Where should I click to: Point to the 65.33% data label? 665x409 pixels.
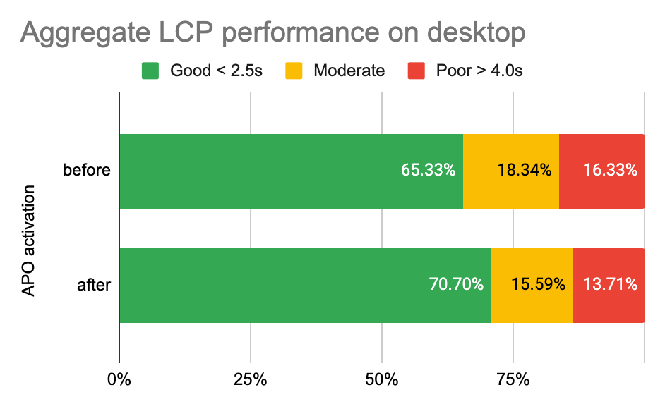[428, 171]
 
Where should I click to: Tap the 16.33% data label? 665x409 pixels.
[611, 171]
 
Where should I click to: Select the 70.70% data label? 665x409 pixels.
[456, 285]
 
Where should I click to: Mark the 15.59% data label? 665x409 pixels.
[538, 285]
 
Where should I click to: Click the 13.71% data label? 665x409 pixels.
[611, 285]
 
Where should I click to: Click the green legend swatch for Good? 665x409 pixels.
[151, 71]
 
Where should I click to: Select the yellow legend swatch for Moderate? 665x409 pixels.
[294, 71]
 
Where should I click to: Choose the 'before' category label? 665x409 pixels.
[87, 171]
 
